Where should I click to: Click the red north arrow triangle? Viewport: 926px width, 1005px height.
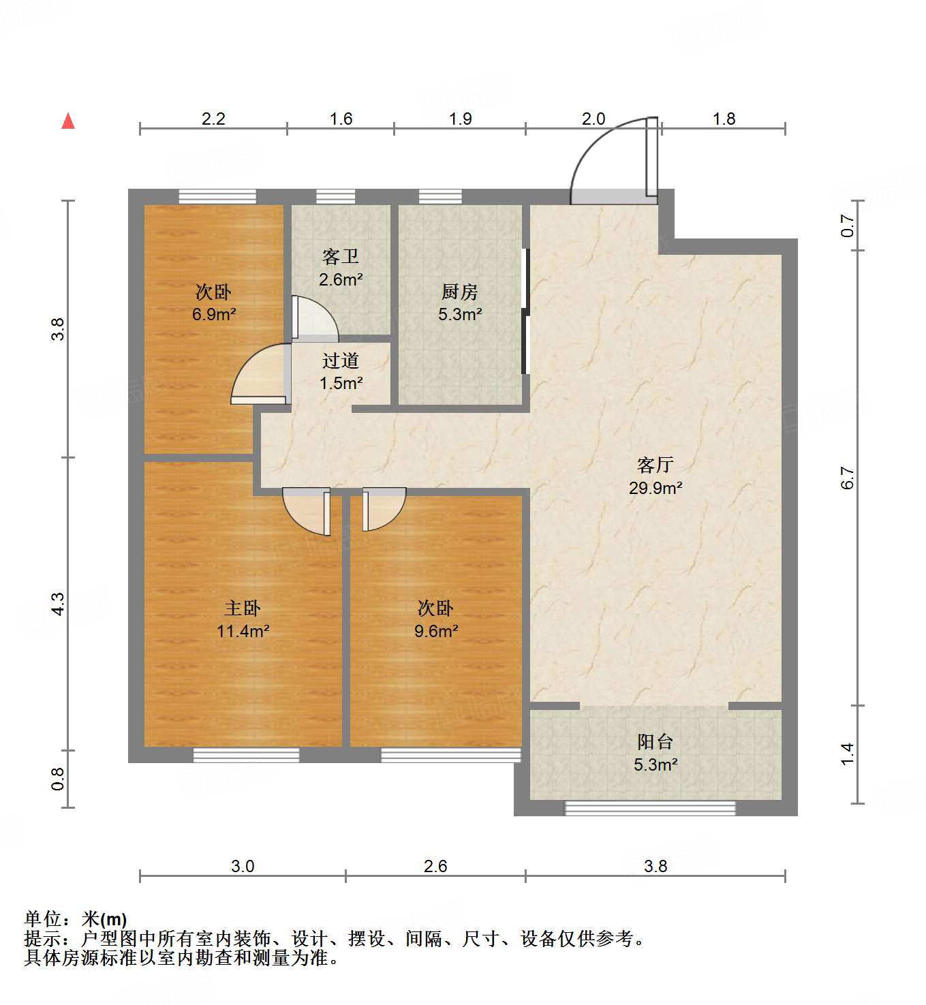[x=68, y=121]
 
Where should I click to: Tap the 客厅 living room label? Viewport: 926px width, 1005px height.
[x=655, y=465]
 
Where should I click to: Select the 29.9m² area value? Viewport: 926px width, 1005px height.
[x=655, y=488]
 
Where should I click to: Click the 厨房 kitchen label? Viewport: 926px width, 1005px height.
[x=459, y=292]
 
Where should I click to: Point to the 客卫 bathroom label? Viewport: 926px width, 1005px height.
[x=340, y=257]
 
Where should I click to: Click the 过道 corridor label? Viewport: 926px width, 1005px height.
[x=340, y=360]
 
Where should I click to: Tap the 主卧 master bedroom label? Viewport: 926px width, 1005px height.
[x=243, y=608]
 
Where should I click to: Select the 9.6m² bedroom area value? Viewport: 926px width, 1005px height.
[x=435, y=631]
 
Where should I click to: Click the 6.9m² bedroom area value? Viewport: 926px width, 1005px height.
[x=213, y=315]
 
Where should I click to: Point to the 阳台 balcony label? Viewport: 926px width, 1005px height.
[x=655, y=741]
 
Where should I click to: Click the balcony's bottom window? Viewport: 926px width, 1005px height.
[x=650, y=808]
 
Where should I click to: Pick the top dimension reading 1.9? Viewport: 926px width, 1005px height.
[x=460, y=119]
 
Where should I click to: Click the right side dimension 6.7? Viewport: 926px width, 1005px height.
[x=847, y=478]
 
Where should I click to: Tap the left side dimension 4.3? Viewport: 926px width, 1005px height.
[x=59, y=604]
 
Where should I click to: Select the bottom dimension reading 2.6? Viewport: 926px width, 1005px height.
[x=435, y=866]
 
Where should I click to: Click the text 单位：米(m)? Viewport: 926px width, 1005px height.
[x=76, y=919]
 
